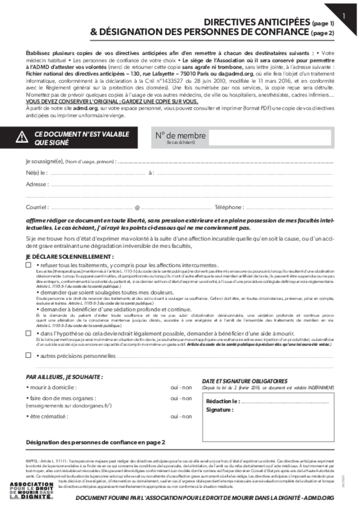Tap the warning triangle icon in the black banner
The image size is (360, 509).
click(22, 138)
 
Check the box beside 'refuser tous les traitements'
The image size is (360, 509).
click(28, 265)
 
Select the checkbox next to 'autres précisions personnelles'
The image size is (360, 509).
click(28, 355)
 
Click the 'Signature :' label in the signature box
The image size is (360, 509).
click(220, 410)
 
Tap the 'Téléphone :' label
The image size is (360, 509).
click(229, 207)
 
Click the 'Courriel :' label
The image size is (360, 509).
click(37, 207)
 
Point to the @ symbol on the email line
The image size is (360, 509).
click(137, 207)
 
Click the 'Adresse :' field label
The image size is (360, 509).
click(37, 184)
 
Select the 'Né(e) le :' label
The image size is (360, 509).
click(37, 173)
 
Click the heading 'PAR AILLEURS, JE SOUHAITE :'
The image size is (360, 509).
click(64, 377)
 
